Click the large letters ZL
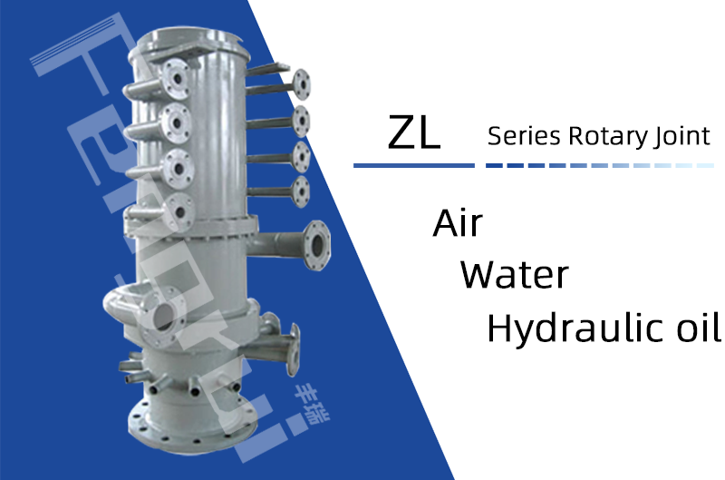(414, 132)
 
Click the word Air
(458, 223)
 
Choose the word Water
(514, 275)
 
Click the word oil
(698, 327)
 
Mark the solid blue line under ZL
(414, 165)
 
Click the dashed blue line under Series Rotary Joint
(600, 165)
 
